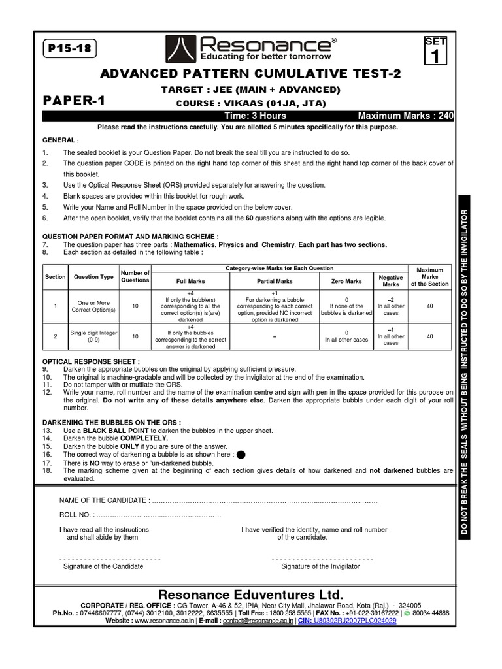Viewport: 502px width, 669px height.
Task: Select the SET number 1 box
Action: [435, 52]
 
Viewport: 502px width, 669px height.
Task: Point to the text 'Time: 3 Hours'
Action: [248, 116]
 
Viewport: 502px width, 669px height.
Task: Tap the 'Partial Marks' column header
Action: [275, 281]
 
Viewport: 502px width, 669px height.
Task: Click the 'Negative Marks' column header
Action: [391, 281]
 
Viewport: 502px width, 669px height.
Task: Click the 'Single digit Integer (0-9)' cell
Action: [93, 336]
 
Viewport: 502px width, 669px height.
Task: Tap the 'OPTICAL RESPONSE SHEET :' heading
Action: [91, 361]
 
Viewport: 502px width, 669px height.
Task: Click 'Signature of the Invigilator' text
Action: [320, 566]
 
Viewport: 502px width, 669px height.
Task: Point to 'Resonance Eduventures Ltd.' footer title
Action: [251, 595]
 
